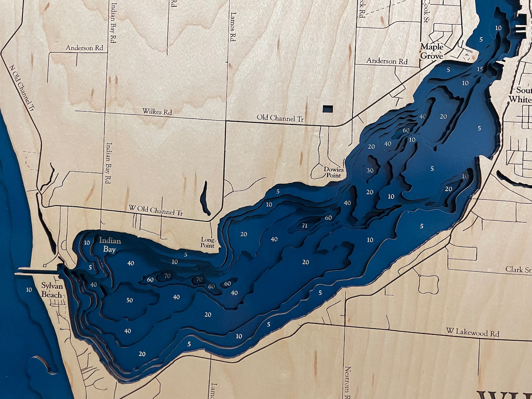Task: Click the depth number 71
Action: pos(305,225)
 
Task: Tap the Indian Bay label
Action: pos(110,245)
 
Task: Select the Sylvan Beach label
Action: pos(52,290)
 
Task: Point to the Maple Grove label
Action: pos(432,52)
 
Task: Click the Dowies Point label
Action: pos(333,172)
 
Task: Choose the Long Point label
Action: pos(208,243)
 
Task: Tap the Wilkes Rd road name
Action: pos(157,112)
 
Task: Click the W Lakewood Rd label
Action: pos(472,332)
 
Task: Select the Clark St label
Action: pos(518,270)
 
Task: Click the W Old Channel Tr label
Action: pos(156,210)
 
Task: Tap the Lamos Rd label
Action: pos(233,27)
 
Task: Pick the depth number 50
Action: pos(130,300)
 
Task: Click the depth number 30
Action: pos(370,170)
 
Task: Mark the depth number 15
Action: pos(480,69)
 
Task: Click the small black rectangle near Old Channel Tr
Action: pos(328,109)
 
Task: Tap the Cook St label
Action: pos(426,11)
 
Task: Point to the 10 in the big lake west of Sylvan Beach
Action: pos(29,289)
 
